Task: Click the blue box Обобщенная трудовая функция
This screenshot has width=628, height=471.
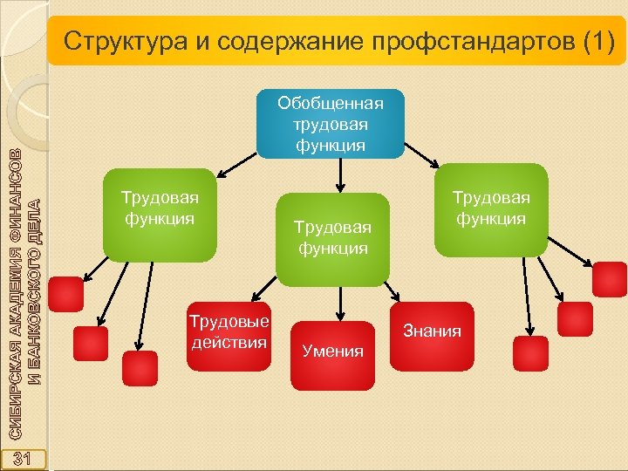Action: [331, 123]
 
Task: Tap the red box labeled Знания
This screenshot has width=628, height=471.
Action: [432, 331]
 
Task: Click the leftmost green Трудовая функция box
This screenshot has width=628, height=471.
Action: [160, 215]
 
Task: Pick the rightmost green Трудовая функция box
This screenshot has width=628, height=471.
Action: [490, 210]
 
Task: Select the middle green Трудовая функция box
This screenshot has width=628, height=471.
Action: [332, 238]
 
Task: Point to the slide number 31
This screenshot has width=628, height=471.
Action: [24, 458]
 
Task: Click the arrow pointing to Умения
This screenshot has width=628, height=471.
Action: [340, 301]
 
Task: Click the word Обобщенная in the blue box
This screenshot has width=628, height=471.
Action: [331, 104]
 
